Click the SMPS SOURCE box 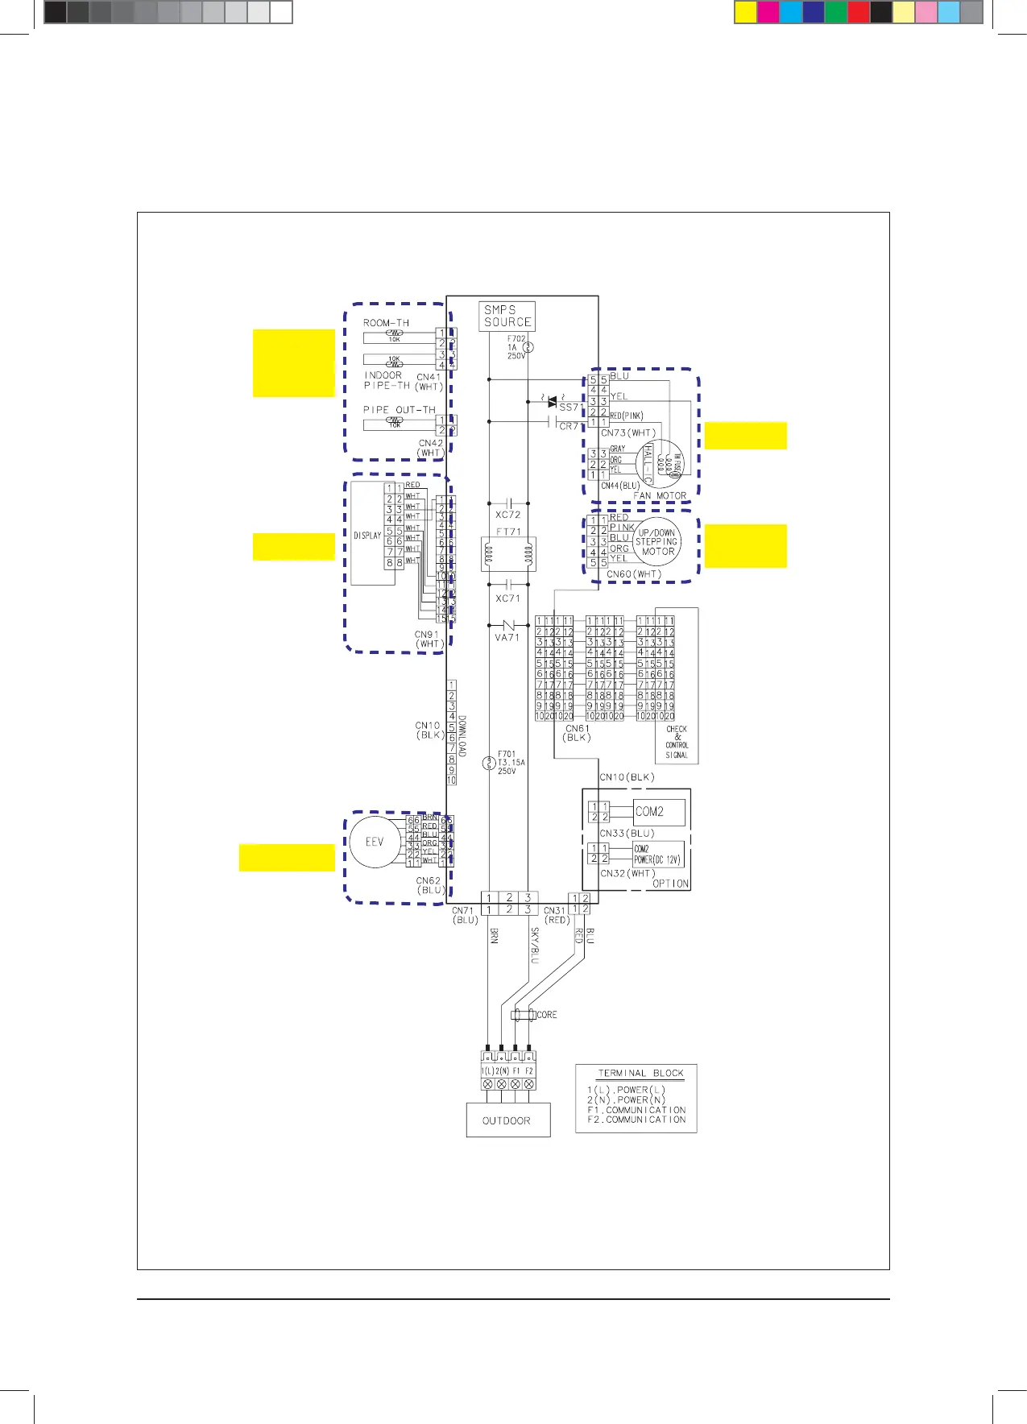(x=507, y=316)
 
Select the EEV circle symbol (x=375, y=842)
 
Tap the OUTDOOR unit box (x=507, y=1120)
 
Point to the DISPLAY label (x=367, y=535)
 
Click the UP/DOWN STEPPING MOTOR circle (x=657, y=542)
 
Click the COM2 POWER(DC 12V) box (x=657, y=855)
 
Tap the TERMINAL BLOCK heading (x=640, y=1073)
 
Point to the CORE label (x=546, y=1015)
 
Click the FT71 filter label (x=508, y=532)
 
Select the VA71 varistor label (x=507, y=637)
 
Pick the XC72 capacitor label (x=507, y=515)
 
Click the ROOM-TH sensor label (x=386, y=323)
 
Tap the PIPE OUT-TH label (x=399, y=409)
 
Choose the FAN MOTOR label (x=660, y=496)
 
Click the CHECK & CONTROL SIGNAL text (x=677, y=742)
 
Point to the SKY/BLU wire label (x=534, y=945)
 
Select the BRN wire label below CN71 (x=494, y=936)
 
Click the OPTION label (x=670, y=884)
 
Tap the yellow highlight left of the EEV (x=287, y=857)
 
